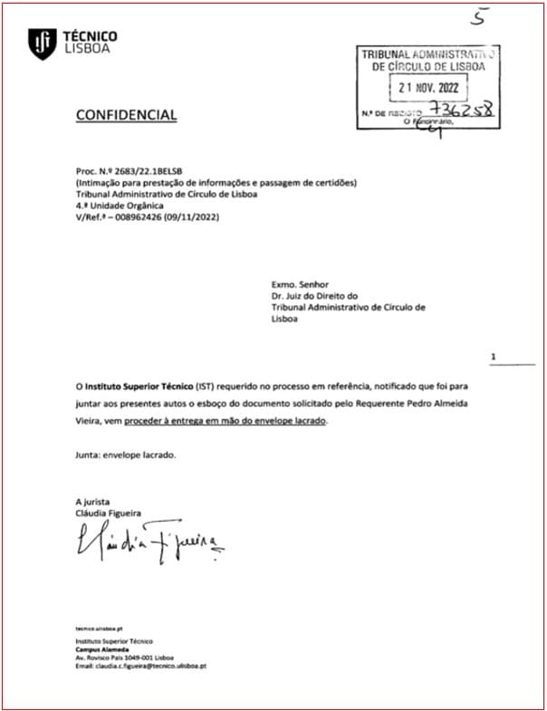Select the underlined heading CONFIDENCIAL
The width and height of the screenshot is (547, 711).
126,115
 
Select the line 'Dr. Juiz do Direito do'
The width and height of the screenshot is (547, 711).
315,295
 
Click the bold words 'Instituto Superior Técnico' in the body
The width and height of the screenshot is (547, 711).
134,387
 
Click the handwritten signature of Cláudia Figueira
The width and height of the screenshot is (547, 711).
149,542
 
